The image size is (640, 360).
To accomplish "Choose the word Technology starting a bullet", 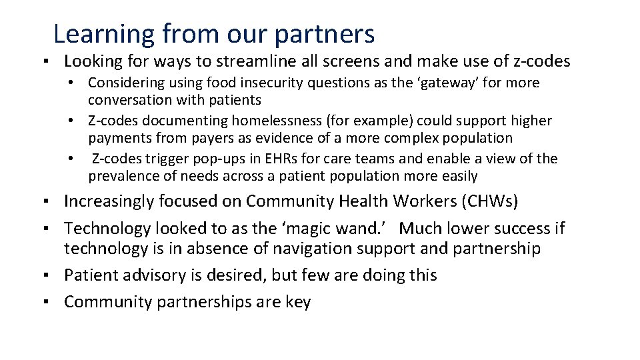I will (107, 229).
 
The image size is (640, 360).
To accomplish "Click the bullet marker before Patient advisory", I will (51, 275).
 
